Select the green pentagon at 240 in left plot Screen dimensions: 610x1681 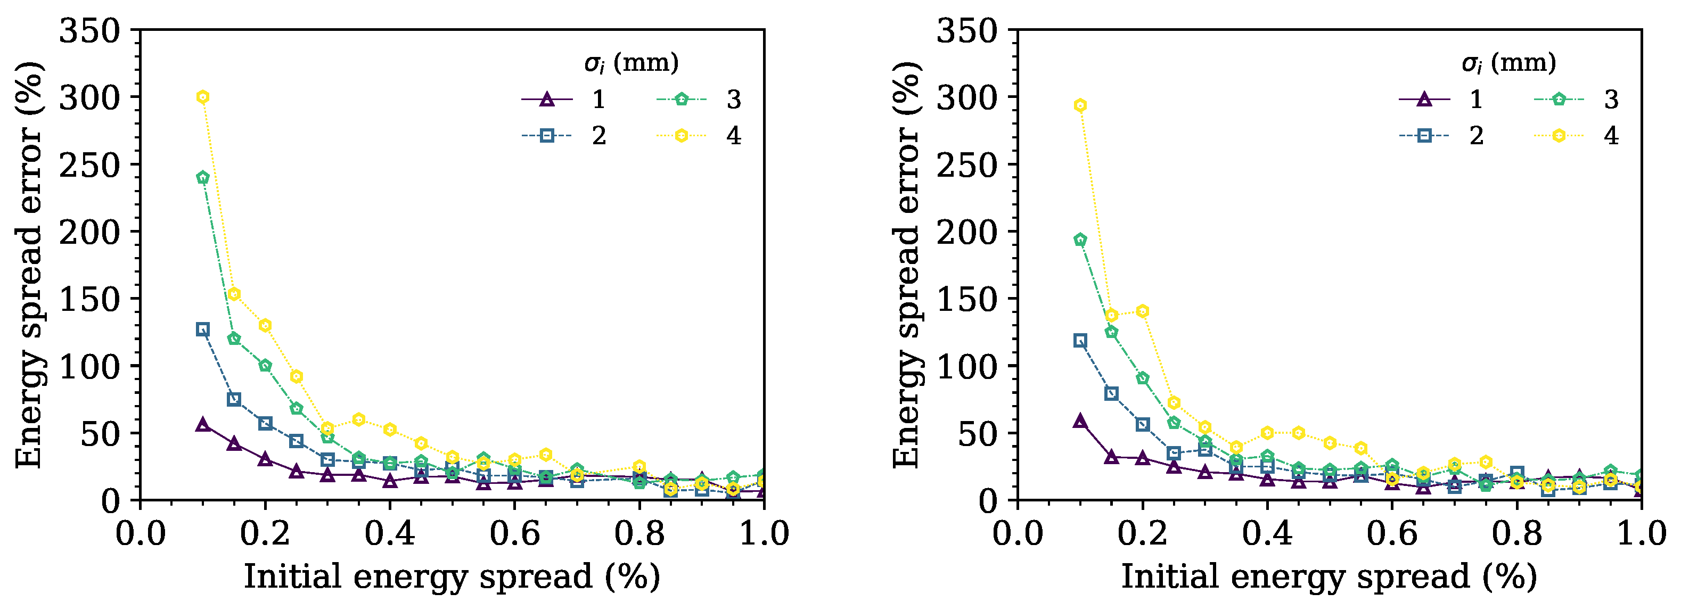(x=203, y=177)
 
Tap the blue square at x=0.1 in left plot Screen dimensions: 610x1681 (x=203, y=329)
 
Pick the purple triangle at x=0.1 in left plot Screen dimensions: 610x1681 (x=203, y=425)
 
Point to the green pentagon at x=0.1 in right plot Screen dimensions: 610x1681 (x=1080, y=240)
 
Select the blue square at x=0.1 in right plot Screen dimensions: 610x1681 (x=1080, y=341)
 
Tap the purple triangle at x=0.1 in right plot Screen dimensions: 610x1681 (x=1080, y=421)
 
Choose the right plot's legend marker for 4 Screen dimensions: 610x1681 (x=1559, y=136)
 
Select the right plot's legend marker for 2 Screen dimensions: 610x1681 (x=1424, y=136)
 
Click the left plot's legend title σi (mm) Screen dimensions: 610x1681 (x=631, y=63)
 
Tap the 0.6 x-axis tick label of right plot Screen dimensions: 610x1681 (x=1392, y=534)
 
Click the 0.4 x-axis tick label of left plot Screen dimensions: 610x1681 (x=390, y=534)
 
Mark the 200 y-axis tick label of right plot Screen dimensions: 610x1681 (x=967, y=232)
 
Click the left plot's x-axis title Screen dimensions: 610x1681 (x=452, y=576)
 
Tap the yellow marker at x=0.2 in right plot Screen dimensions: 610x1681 (x=1143, y=311)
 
